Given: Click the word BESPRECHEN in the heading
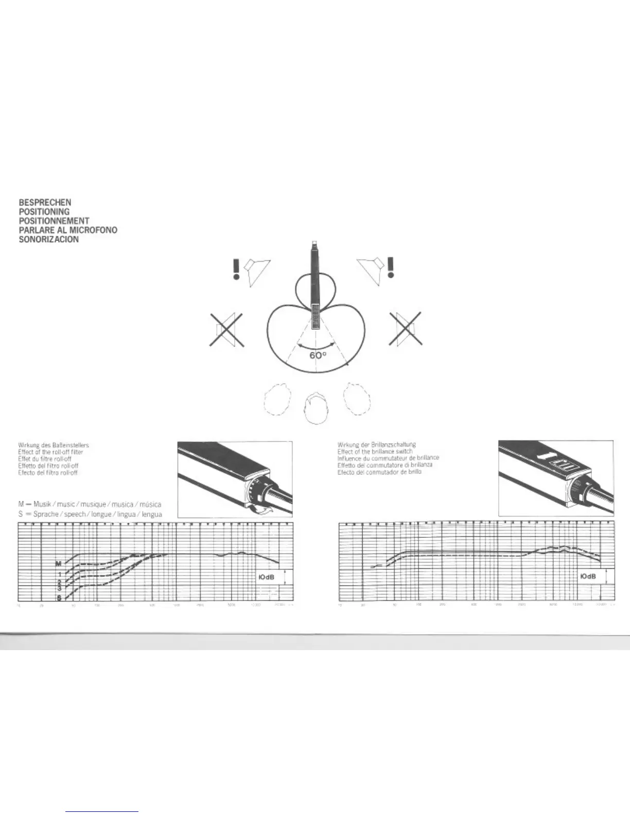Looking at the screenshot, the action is pyautogui.click(x=45, y=202).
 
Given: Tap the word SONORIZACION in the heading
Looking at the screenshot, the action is pyautogui.click(x=49, y=240).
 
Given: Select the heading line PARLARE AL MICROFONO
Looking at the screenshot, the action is pyautogui.click(x=68, y=230).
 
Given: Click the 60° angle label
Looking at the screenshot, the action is pyautogui.click(x=318, y=355).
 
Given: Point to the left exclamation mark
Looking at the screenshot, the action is pyautogui.click(x=236, y=269).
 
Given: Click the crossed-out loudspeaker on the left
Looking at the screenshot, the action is pyautogui.click(x=227, y=330).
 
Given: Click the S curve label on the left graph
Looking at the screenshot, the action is pyautogui.click(x=59, y=598).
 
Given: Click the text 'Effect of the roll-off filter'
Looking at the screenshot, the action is pyautogui.click(x=50, y=452).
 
